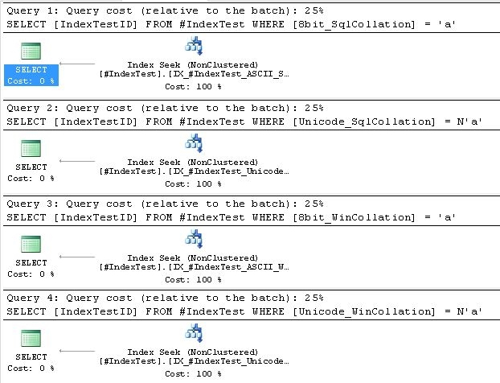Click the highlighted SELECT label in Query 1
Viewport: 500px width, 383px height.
pyautogui.click(x=31, y=70)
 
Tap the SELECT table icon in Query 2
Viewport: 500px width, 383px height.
pyautogui.click(x=31, y=147)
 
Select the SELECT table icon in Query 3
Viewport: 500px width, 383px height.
pyautogui.click(x=31, y=243)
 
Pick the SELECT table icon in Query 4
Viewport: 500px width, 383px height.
pyautogui.click(x=31, y=338)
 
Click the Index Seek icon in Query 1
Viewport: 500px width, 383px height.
pyautogui.click(x=193, y=47)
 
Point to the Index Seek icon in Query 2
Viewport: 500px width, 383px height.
pyautogui.click(x=193, y=143)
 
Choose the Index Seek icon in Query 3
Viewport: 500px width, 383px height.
pyautogui.click(x=193, y=238)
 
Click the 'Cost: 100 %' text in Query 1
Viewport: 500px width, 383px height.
pyautogui.click(x=193, y=85)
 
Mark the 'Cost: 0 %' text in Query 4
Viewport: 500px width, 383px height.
pyautogui.click(x=31, y=368)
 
